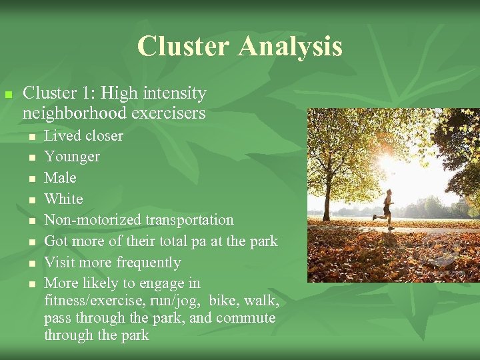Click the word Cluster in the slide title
pos(183,46)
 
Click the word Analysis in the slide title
pos(290,46)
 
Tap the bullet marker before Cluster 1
pos(8,95)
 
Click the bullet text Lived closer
pos(83,136)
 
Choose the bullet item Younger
pos(71,157)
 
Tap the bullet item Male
pos(60,178)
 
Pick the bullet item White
pos(63,199)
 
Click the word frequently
pos(148,263)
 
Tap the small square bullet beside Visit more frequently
pos(31,263)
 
